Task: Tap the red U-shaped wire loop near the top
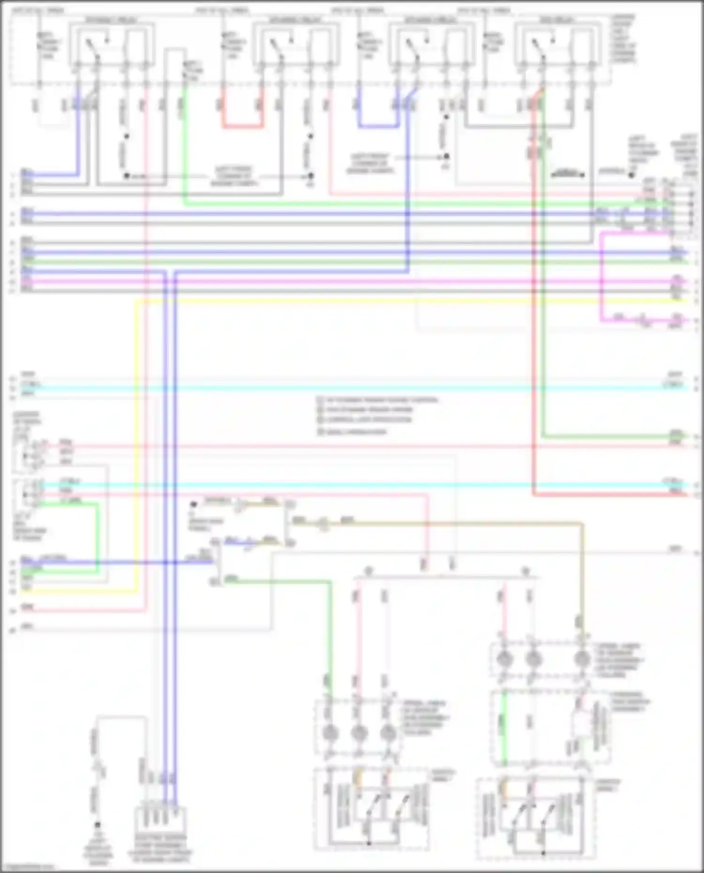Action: click(x=242, y=126)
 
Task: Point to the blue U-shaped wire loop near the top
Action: click(x=378, y=126)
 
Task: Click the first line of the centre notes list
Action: click(x=378, y=400)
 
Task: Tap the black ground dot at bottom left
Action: click(x=98, y=825)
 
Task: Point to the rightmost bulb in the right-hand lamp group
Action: click(x=582, y=659)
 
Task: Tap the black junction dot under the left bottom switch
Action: click(x=369, y=843)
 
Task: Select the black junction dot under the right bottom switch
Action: click(x=544, y=853)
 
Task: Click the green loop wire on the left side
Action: click(x=98, y=535)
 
